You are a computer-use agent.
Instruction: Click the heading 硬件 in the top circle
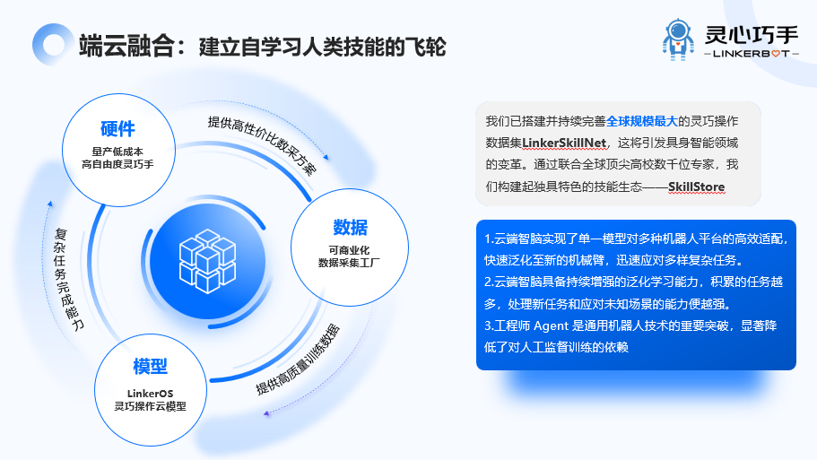pyautogui.click(x=117, y=128)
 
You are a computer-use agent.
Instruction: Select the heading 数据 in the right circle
pyautogui.click(x=350, y=226)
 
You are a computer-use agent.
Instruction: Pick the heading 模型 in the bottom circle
pyautogui.click(x=150, y=366)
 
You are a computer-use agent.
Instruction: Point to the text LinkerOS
pyautogui.click(x=150, y=393)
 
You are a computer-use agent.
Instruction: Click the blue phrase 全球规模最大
pyautogui.click(x=641, y=120)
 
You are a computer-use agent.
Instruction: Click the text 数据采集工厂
pyautogui.click(x=350, y=262)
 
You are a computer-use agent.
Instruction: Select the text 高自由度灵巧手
pyautogui.click(x=117, y=164)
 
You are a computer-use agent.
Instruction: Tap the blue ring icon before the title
pyautogui.click(x=49, y=44)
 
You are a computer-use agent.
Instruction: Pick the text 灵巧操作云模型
pyautogui.click(x=150, y=406)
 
